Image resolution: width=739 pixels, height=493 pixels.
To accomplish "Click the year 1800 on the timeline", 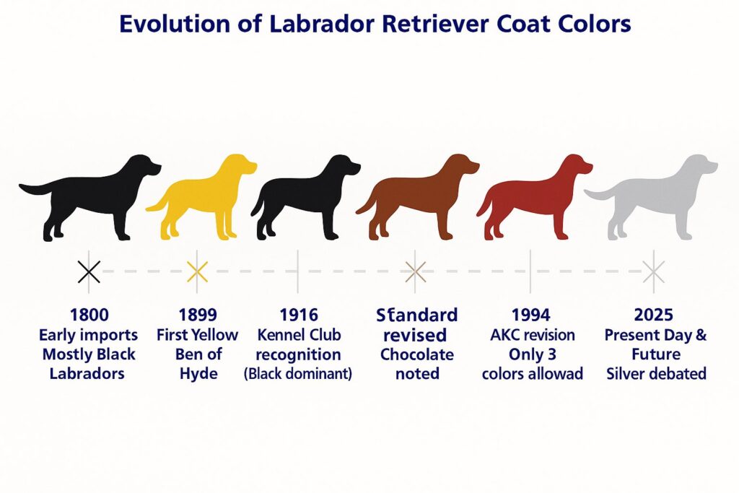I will click(x=89, y=315).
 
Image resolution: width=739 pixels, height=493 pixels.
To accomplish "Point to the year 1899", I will click(x=197, y=315).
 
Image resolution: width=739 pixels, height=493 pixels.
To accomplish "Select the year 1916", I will click(x=298, y=315).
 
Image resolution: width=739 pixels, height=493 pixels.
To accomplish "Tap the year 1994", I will click(x=530, y=315).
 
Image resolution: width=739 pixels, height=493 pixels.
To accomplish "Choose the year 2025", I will click(x=654, y=315).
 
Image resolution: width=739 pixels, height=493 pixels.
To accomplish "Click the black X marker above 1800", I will click(x=89, y=272).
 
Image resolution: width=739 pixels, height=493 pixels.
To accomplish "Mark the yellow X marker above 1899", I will click(x=197, y=272).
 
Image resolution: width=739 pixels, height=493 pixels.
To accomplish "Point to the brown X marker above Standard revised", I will click(x=415, y=272).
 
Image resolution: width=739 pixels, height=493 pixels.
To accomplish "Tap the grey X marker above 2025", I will click(x=654, y=272).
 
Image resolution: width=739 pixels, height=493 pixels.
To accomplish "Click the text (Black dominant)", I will click(x=298, y=374).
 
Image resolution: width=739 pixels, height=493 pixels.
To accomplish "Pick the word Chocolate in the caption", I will click(x=417, y=354).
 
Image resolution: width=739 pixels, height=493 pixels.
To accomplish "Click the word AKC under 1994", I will click(x=503, y=335).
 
